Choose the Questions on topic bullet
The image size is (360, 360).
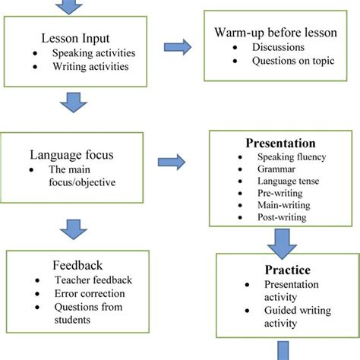288,61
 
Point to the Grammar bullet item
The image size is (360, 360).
273,169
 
